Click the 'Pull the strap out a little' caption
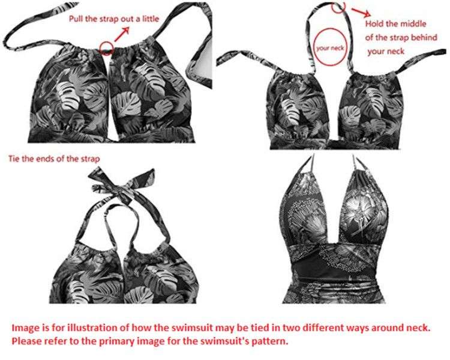(114, 19)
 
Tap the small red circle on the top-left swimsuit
(107, 47)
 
